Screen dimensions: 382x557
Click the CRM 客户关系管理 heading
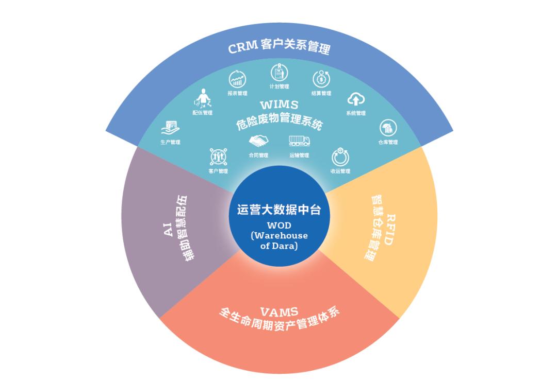pos(278,48)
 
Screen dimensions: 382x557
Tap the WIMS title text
pos(279,105)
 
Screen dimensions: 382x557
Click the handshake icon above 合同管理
pos(258,141)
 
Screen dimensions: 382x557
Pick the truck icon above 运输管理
pos(299,140)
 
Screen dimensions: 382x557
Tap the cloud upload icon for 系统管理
pos(356,99)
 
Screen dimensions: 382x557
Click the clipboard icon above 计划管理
pos(279,73)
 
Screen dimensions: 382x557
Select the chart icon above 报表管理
pos(237,80)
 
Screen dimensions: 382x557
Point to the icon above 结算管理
pos(321,79)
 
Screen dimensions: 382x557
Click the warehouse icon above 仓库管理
pos(388,128)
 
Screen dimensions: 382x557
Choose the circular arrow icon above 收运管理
pos(340,157)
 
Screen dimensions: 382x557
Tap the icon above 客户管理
pos(218,157)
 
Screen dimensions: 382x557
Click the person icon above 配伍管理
pos(202,98)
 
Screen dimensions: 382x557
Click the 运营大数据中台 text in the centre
pos(278,210)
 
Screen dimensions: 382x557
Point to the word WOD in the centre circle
pos(279,225)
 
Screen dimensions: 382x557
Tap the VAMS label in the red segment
pos(279,311)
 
